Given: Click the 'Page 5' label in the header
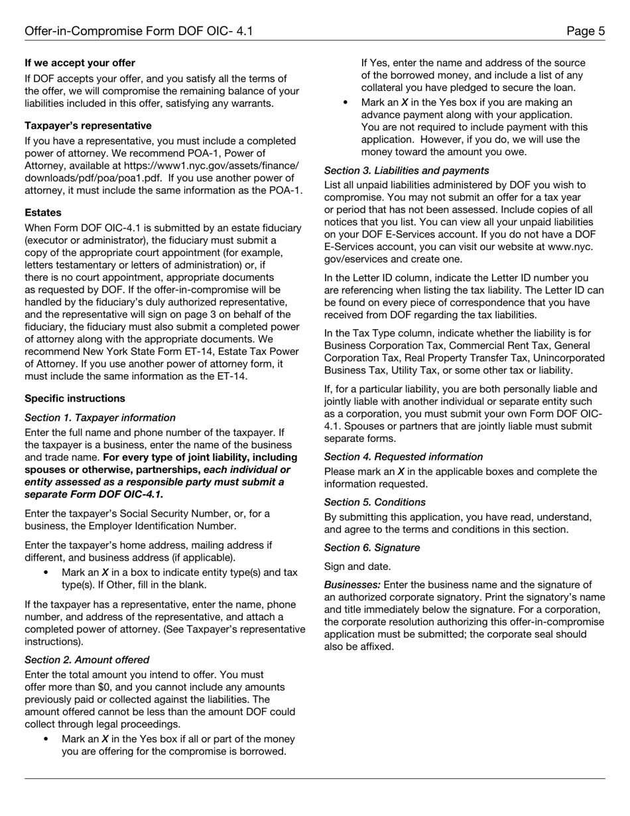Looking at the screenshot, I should [x=586, y=31].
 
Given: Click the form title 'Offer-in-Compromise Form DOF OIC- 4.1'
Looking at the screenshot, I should [x=139, y=31].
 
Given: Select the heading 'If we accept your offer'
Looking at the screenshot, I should [x=80, y=63].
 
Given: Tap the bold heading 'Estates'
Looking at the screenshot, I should [x=43, y=213].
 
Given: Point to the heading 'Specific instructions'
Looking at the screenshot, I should [x=75, y=399].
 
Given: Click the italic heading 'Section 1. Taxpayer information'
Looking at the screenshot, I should [x=100, y=418].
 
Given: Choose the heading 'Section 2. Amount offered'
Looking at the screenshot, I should [x=87, y=660].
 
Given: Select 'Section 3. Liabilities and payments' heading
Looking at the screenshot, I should [x=407, y=171].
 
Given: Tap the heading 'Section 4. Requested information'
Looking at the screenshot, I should [x=403, y=457].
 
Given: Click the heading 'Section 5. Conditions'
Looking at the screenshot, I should [x=375, y=503].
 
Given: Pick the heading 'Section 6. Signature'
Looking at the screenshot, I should [x=372, y=548].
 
